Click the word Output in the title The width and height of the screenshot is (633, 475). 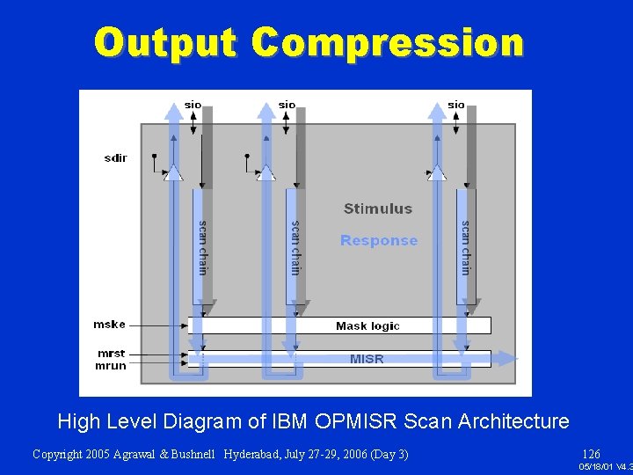tap(165, 42)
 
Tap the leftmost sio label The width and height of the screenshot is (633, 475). tap(193, 105)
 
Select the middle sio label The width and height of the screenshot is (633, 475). tap(287, 105)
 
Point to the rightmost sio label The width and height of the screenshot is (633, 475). tap(455, 105)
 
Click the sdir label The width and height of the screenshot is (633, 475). tap(115, 158)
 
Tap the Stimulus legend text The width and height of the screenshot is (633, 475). tap(377, 208)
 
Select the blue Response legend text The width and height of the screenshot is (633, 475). tap(379, 240)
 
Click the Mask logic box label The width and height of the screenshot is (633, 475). tap(367, 325)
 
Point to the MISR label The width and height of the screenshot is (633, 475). tap(367, 359)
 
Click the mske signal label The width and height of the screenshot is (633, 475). tap(109, 325)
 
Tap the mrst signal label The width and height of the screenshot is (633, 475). tap(111, 354)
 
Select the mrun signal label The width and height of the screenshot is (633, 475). tap(111, 365)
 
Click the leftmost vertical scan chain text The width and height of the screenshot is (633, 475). tap(203, 247)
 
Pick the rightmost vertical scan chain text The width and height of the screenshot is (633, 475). tap(466, 247)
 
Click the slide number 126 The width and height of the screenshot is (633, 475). tap(591, 455)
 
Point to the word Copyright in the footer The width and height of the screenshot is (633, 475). tap(61, 455)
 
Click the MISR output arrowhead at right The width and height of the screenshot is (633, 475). tap(509, 358)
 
